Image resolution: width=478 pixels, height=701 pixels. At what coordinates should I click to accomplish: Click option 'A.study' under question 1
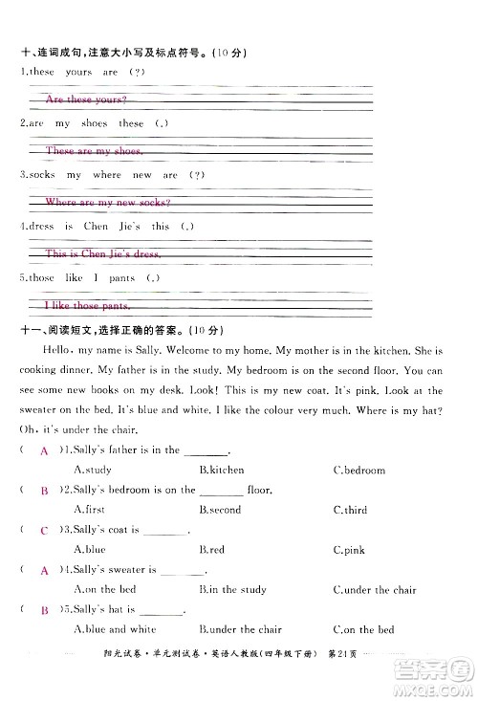93,470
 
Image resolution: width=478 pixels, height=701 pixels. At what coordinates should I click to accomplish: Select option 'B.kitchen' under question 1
222,470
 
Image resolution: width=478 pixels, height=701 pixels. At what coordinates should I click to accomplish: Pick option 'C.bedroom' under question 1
359,470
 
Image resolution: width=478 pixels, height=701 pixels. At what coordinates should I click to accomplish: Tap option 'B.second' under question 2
220,510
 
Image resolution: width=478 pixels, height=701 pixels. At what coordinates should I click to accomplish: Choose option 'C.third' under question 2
350,510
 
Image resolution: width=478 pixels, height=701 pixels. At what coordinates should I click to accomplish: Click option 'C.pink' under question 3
349,550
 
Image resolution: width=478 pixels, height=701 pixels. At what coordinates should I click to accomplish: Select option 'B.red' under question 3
211,550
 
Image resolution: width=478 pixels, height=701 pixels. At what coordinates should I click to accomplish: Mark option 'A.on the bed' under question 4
105,590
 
